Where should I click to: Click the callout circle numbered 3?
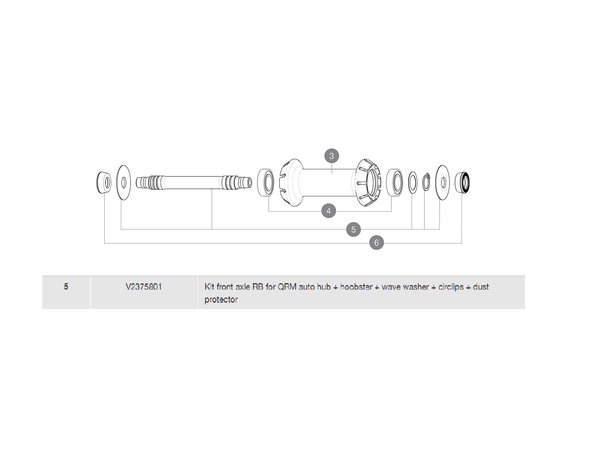point(332,156)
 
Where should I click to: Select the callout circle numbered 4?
point(329,211)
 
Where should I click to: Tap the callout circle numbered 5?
point(354,229)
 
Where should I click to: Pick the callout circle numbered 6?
point(376,243)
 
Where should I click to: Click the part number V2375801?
point(144,287)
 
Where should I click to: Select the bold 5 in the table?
point(66,287)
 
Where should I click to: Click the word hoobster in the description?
point(356,287)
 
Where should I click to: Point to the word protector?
point(221,300)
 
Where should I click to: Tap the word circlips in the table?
point(451,287)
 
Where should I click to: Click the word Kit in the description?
point(209,287)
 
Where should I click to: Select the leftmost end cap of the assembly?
point(104,182)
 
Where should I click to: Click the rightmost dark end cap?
point(463,182)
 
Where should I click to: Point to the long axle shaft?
point(194,182)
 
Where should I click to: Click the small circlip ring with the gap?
point(426,182)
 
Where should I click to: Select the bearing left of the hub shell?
point(266,183)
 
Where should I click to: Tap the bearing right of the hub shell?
point(395,183)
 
